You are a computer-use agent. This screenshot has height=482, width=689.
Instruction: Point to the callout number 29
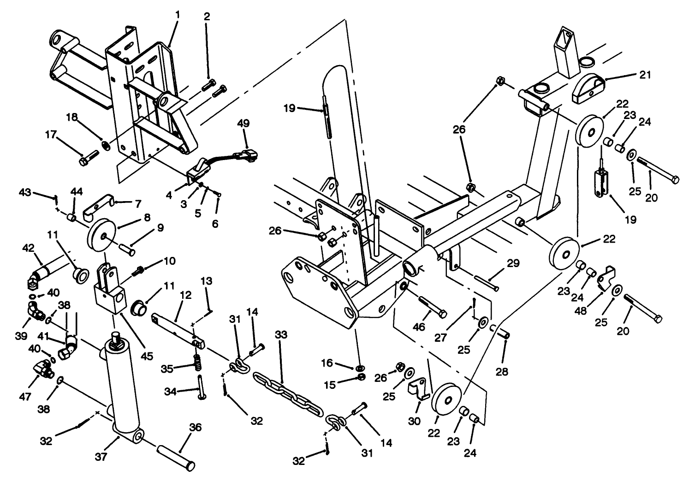pos(513,263)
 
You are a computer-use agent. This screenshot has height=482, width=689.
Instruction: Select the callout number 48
pos(581,311)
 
